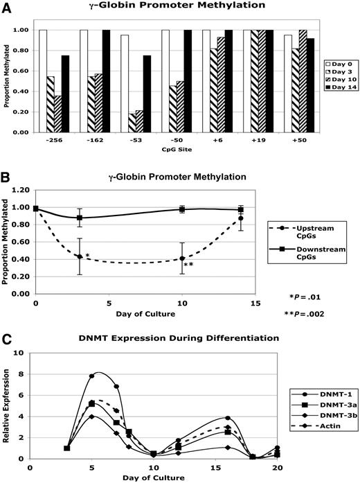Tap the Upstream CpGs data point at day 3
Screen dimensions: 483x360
click(80, 256)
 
